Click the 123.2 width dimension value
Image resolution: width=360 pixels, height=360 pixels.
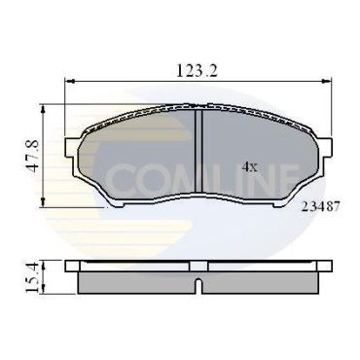(x=197, y=70)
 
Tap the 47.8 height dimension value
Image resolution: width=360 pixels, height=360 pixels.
(x=33, y=156)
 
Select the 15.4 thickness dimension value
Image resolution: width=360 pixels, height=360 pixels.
(x=33, y=277)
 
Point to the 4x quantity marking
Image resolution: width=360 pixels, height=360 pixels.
(x=250, y=167)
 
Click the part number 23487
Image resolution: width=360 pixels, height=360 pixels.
(x=320, y=206)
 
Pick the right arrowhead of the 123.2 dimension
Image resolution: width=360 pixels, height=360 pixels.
(x=327, y=80)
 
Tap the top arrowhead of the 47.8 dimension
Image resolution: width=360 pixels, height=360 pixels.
(x=43, y=109)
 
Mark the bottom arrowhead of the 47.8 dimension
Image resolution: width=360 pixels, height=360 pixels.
(x=43, y=202)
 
